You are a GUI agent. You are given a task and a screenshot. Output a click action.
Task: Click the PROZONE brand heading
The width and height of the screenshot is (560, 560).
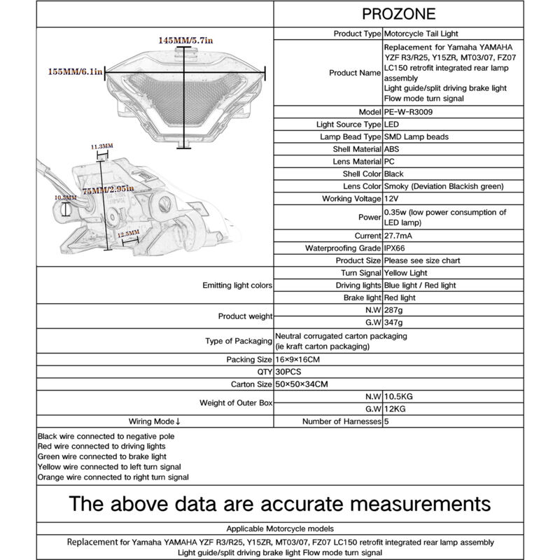pos(399,13)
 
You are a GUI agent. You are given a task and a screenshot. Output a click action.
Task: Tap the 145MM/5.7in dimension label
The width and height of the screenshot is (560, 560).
pos(185,41)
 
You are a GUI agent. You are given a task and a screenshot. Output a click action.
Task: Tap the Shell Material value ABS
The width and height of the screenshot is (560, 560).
pos(393,149)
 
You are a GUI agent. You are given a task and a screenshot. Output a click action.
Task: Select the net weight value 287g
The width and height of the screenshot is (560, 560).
pos(394,309)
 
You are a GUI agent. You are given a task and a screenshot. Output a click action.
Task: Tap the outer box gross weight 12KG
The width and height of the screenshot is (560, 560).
pos(395,408)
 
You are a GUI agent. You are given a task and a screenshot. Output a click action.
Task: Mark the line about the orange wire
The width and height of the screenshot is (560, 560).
pos(113,477)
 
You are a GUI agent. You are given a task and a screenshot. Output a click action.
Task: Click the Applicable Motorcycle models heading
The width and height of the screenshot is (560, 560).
pos(280,528)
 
